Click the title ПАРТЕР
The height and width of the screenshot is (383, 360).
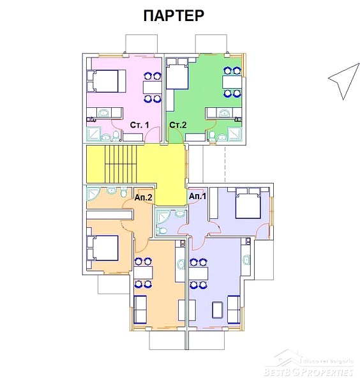pos(174,15)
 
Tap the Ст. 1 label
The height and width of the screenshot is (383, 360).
pos(139,125)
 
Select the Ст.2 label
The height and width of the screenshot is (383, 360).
pos(178,125)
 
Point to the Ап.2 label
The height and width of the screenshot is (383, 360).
pos(144,197)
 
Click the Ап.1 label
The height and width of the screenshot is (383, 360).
pos(198,196)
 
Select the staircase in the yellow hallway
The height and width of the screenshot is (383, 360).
pos(121,164)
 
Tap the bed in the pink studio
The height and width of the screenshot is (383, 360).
pos(107,81)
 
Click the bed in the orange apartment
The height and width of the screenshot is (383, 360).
pos(103,248)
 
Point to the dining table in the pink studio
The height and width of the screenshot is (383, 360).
pos(152,87)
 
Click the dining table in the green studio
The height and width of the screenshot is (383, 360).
pos(232,82)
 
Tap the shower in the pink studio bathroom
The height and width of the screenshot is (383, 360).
pos(94,134)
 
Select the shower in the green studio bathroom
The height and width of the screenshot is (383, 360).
pos(234,134)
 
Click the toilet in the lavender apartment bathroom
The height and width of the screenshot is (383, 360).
pos(162,230)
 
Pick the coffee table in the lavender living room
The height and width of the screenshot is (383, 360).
pos(218,310)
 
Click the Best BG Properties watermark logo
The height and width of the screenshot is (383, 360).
pos(309,364)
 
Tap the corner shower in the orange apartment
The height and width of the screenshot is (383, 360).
pos(93,194)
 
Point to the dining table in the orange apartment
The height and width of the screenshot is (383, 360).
pos(144,273)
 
